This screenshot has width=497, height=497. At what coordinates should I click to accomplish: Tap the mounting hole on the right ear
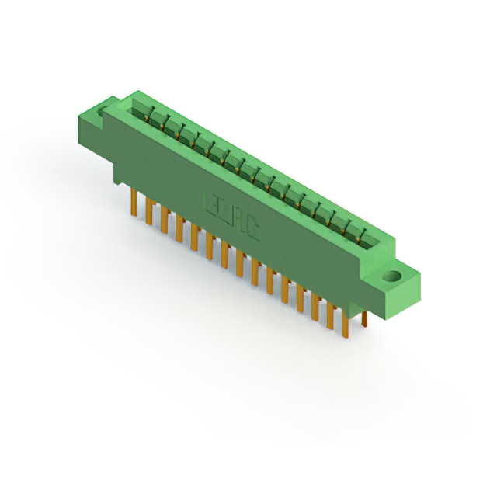392,276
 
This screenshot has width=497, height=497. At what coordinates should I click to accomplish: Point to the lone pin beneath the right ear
364,319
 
